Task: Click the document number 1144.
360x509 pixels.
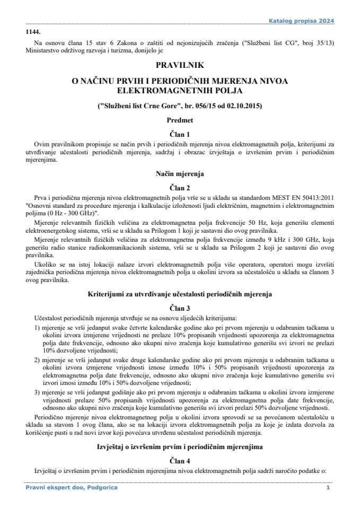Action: point(33,32)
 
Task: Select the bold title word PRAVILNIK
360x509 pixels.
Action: point(179,66)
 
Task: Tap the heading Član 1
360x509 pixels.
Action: point(179,135)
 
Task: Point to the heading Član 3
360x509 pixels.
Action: point(179,307)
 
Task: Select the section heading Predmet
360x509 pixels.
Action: point(179,120)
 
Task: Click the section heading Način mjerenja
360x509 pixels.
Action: point(179,173)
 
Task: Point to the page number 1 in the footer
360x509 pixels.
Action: point(328,487)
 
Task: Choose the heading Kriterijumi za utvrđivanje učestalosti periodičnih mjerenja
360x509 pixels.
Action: point(179,293)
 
